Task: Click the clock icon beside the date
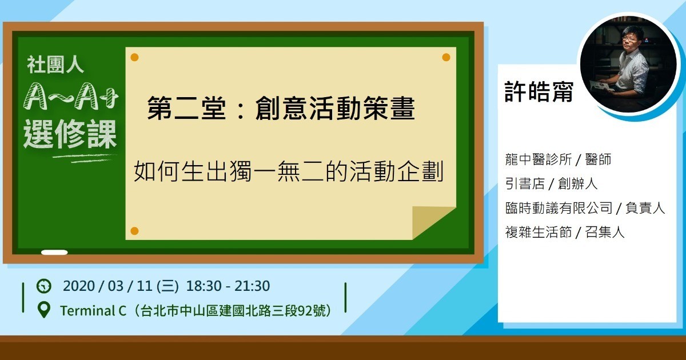(x=44, y=286)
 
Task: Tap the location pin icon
(x=44, y=310)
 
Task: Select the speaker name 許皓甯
(x=539, y=91)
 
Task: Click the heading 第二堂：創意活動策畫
(x=281, y=108)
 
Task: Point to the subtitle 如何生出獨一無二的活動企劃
(x=289, y=171)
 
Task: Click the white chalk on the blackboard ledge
(x=54, y=252)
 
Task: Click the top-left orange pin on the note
(x=134, y=57)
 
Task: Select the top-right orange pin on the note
(x=446, y=57)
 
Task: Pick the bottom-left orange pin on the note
(x=134, y=231)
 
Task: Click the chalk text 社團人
(x=55, y=65)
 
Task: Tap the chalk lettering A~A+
(x=71, y=96)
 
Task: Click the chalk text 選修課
(x=70, y=134)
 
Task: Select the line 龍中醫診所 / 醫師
(x=558, y=159)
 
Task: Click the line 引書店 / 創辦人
(x=551, y=183)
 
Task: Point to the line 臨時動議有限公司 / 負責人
(x=585, y=208)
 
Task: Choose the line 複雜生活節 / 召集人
(x=565, y=232)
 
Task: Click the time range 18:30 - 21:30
(x=228, y=286)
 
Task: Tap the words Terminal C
(x=93, y=311)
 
